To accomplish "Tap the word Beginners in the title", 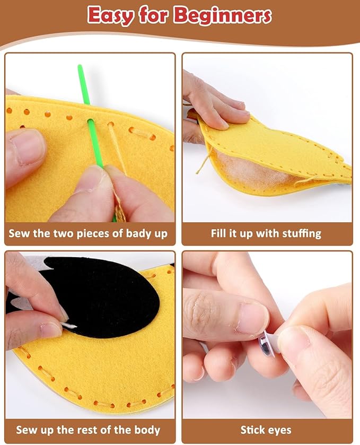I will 222,16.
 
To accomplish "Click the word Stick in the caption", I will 252,430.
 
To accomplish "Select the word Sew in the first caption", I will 19,233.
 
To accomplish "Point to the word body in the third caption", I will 145,430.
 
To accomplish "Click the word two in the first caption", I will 55,233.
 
